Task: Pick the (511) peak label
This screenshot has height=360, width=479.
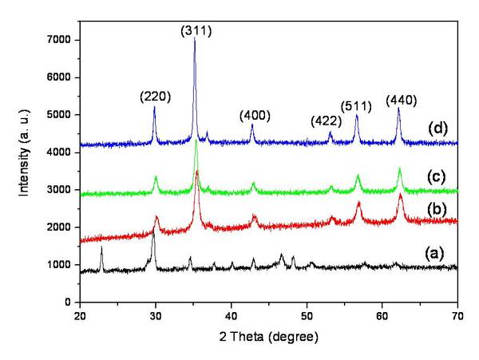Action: pos(357,105)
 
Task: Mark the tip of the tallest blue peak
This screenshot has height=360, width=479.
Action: pos(195,38)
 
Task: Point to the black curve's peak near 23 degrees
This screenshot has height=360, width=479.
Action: pos(101,248)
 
